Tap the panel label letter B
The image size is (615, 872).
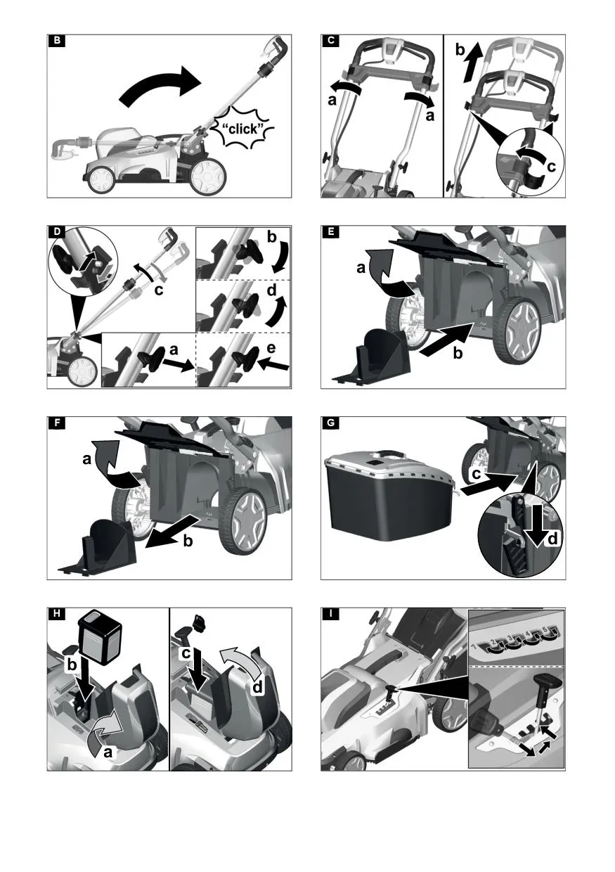(x=57, y=41)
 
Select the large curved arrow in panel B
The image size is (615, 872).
(x=160, y=86)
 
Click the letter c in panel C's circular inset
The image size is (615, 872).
(x=551, y=166)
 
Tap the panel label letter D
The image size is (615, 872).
(x=57, y=232)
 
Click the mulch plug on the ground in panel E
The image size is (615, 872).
(x=372, y=357)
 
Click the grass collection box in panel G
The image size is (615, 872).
(x=389, y=497)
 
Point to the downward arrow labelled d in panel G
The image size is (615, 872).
(x=536, y=525)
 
